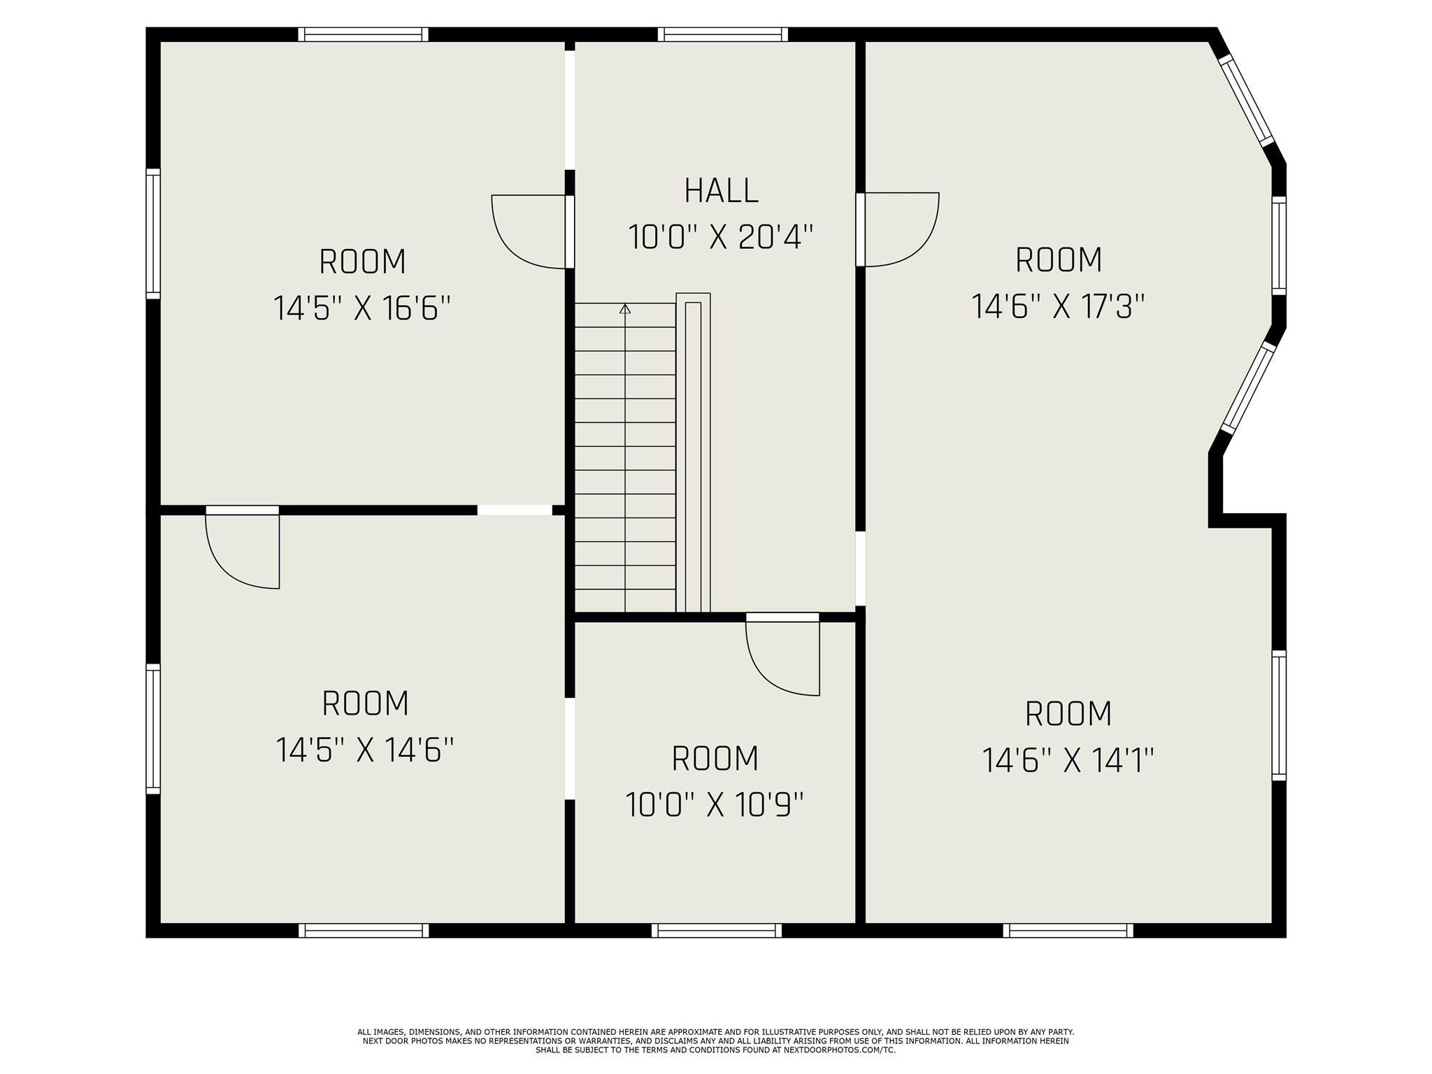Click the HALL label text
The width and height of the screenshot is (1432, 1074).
(x=721, y=191)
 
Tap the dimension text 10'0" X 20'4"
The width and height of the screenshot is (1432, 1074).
(x=721, y=237)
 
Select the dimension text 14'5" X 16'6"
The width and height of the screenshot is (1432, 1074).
(x=362, y=308)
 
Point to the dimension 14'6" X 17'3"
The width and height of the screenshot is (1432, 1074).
(x=1059, y=306)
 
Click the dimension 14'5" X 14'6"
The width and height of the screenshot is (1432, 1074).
(x=365, y=750)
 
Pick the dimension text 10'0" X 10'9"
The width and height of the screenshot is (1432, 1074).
(x=715, y=804)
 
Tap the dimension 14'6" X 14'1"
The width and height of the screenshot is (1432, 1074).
(x=1068, y=760)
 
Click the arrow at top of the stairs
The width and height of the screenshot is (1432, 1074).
(x=625, y=308)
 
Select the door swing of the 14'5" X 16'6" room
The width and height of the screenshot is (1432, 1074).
(x=529, y=231)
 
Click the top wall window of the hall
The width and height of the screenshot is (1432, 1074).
(x=723, y=34)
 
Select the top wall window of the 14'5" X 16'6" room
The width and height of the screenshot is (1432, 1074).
(x=363, y=34)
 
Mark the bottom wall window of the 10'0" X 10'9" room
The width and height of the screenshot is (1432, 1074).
(x=717, y=930)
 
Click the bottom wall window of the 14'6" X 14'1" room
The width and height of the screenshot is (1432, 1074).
(x=1068, y=930)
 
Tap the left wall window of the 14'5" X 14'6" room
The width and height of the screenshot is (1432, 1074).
(x=153, y=729)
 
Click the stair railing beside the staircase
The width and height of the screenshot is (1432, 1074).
(x=693, y=452)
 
